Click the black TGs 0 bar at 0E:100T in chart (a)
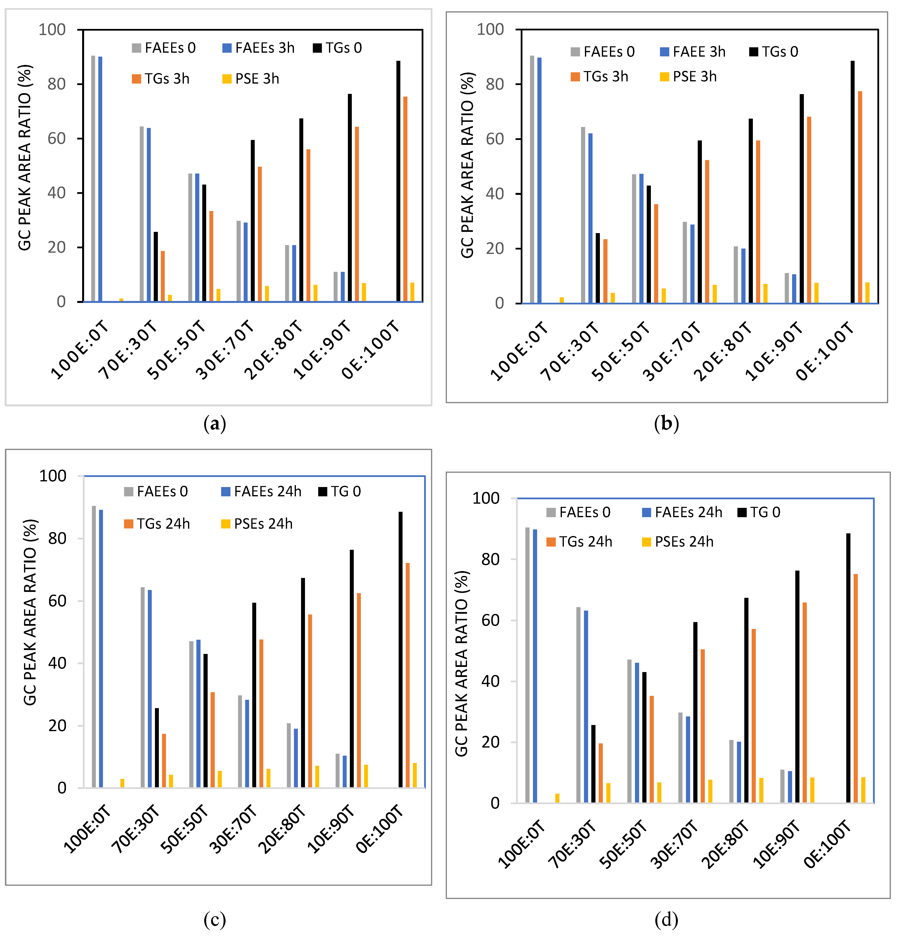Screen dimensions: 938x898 398,182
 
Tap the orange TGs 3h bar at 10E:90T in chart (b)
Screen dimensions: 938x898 809,211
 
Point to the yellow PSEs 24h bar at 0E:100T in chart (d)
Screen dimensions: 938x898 863,790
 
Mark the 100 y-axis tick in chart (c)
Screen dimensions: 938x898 53,476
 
